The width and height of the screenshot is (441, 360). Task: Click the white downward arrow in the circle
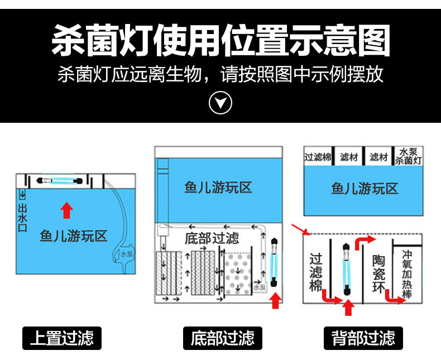(220, 103)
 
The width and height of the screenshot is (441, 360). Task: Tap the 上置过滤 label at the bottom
(62, 338)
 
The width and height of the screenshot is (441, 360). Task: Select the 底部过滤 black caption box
(222, 338)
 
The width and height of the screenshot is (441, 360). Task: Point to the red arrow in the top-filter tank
(66, 210)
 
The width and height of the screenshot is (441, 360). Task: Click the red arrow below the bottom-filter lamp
(274, 301)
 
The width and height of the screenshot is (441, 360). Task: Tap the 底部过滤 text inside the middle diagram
(212, 238)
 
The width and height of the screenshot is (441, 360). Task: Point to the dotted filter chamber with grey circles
(239, 273)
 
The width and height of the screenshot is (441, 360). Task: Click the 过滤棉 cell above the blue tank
(318, 157)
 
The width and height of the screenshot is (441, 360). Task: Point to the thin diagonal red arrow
(298, 229)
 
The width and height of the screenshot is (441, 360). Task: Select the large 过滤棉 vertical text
(316, 272)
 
